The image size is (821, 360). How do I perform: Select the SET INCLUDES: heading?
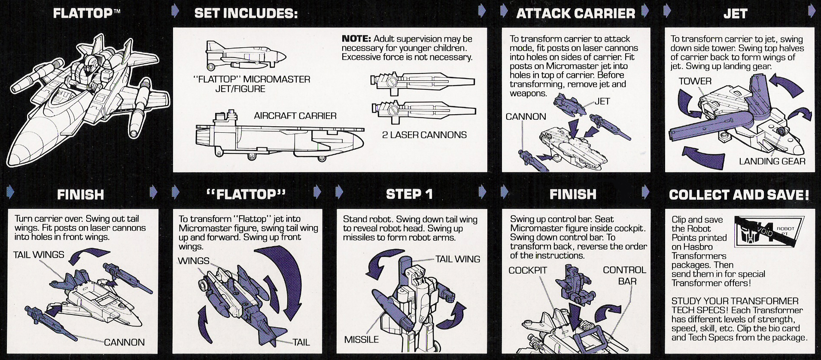click(x=246, y=13)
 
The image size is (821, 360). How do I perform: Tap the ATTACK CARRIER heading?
click(x=575, y=14)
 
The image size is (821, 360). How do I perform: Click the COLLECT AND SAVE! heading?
click(x=739, y=195)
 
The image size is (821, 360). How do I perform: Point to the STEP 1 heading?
click(x=409, y=194)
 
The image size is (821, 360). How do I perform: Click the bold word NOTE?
click(x=356, y=39)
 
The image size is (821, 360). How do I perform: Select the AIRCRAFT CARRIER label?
click(x=295, y=116)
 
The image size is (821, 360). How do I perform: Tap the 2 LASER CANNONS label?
click(x=424, y=135)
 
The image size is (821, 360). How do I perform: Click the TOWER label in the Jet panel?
click(x=695, y=81)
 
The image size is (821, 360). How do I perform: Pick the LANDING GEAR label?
click(x=772, y=161)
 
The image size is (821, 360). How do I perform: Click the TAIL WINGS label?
click(x=39, y=255)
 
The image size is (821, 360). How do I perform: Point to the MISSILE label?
click(x=362, y=339)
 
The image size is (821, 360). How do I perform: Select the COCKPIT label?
click(x=527, y=270)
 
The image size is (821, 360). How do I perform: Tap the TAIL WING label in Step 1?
click(x=457, y=259)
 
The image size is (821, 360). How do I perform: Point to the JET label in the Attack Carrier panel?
click(x=602, y=101)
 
